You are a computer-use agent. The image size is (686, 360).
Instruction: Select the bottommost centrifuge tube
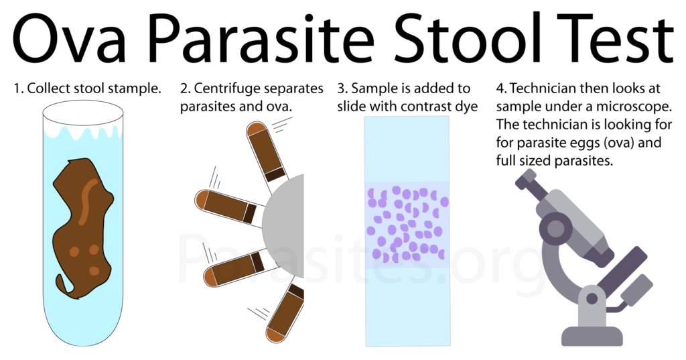pos(285,312)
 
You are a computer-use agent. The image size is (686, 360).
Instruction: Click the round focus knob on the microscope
pos(555,229)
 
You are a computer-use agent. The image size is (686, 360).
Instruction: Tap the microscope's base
pos(592,337)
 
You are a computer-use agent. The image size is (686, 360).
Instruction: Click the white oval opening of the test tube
pos(82,113)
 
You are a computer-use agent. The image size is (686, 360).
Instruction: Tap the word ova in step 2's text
pos(278,107)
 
